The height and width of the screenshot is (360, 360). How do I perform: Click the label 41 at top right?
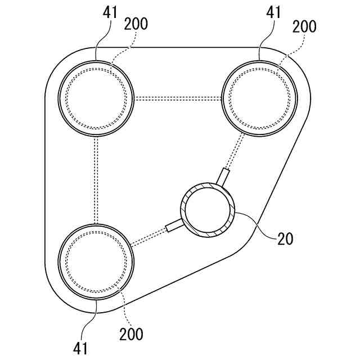coord(274,12)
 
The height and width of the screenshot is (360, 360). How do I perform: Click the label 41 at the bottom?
coord(80,348)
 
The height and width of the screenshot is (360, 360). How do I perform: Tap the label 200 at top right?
coord(304,26)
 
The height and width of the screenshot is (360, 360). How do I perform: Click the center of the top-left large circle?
coord(97,98)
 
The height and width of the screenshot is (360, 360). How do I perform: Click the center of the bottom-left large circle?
coord(97,261)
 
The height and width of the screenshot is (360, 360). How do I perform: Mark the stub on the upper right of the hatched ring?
coord(224,176)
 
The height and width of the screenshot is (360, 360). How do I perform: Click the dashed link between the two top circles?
coord(179,98)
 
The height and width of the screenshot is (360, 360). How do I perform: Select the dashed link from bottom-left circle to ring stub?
coord(149,238)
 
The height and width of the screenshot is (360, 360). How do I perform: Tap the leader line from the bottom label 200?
coord(121,304)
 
